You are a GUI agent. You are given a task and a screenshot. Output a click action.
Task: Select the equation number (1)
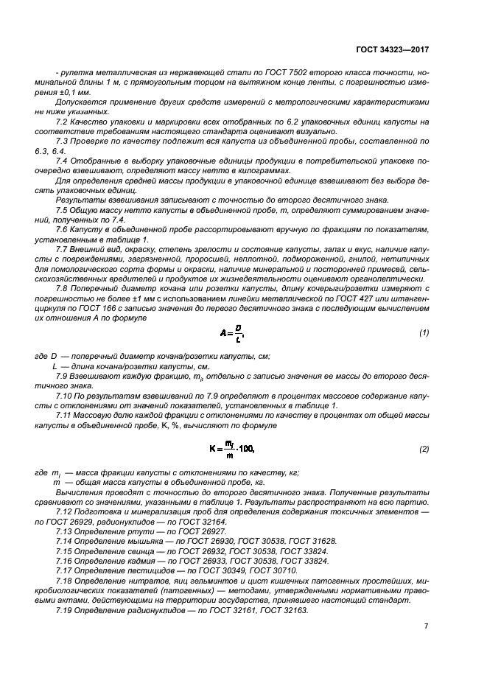click(424, 333)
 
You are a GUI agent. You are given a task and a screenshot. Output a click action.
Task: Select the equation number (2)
click(424, 449)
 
